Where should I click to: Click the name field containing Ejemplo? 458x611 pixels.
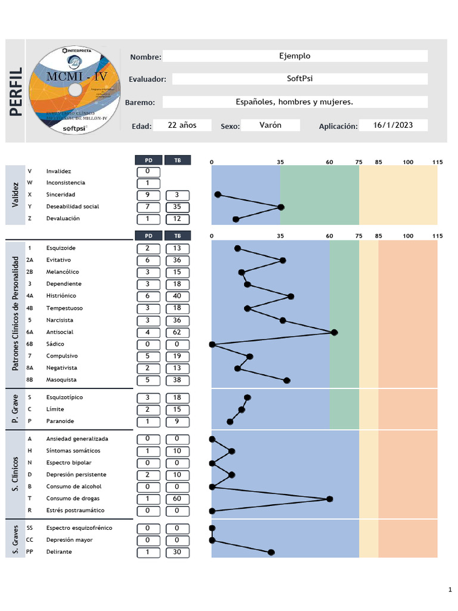(x=295, y=56)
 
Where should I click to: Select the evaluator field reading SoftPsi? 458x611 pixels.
(x=295, y=79)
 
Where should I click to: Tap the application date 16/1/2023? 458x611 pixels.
(x=392, y=125)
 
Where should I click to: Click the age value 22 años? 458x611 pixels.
(x=182, y=125)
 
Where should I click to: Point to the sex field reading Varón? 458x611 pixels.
(x=270, y=125)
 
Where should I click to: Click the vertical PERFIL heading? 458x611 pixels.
(x=16, y=91)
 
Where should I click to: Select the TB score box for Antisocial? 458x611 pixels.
(x=177, y=332)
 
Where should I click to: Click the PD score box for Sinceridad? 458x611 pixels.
(x=147, y=195)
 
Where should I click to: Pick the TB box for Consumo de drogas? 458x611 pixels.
(x=177, y=498)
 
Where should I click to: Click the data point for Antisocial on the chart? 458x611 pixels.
(x=335, y=332)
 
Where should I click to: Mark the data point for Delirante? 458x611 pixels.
(x=271, y=553)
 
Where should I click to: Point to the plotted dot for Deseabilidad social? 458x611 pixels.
(x=281, y=207)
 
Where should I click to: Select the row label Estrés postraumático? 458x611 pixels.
(x=75, y=510)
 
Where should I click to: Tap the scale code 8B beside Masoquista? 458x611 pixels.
(x=30, y=379)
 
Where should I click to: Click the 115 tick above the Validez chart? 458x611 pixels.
(x=438, y=162)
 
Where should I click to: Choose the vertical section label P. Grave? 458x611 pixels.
(x=16, y=409)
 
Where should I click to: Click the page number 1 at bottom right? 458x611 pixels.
(x=450, y=590)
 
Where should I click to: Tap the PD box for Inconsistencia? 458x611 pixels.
(x=147, y=183)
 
